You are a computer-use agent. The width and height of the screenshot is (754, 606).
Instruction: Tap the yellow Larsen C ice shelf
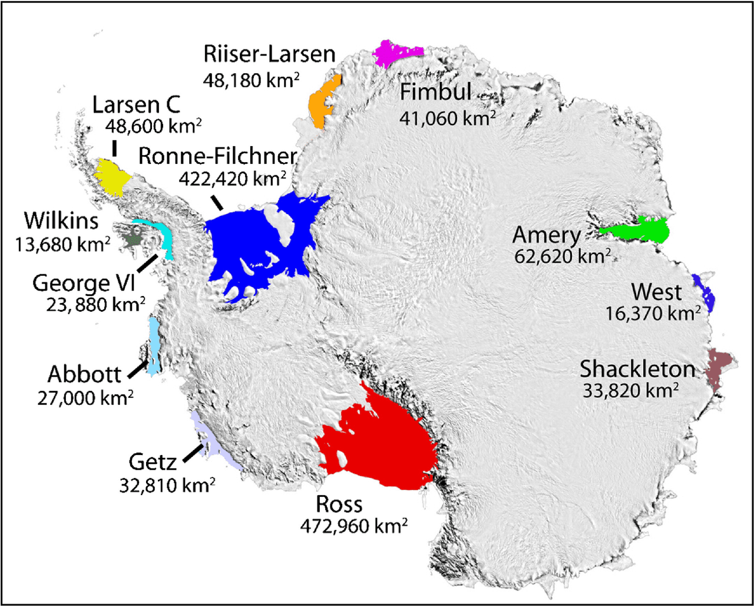point(112,177)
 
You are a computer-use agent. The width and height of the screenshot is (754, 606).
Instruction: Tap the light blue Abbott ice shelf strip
point(154,348)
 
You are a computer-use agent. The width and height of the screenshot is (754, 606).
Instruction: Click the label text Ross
point(339,505)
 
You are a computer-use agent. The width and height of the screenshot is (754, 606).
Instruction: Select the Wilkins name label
point(61,221)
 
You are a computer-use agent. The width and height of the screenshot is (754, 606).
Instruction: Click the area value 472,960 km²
point(354,525)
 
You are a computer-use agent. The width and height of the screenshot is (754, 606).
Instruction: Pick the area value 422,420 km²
point(232,178)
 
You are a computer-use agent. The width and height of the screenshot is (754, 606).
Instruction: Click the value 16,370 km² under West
point(653,313)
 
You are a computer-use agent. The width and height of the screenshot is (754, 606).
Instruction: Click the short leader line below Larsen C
point(113,148)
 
